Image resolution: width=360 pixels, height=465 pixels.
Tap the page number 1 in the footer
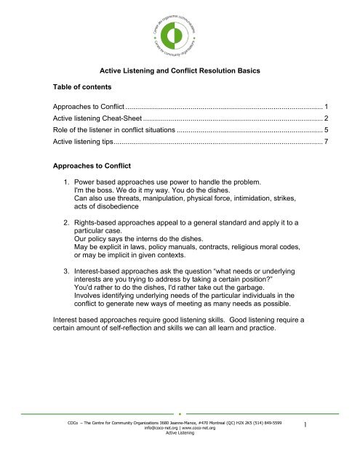pos(327,431)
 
